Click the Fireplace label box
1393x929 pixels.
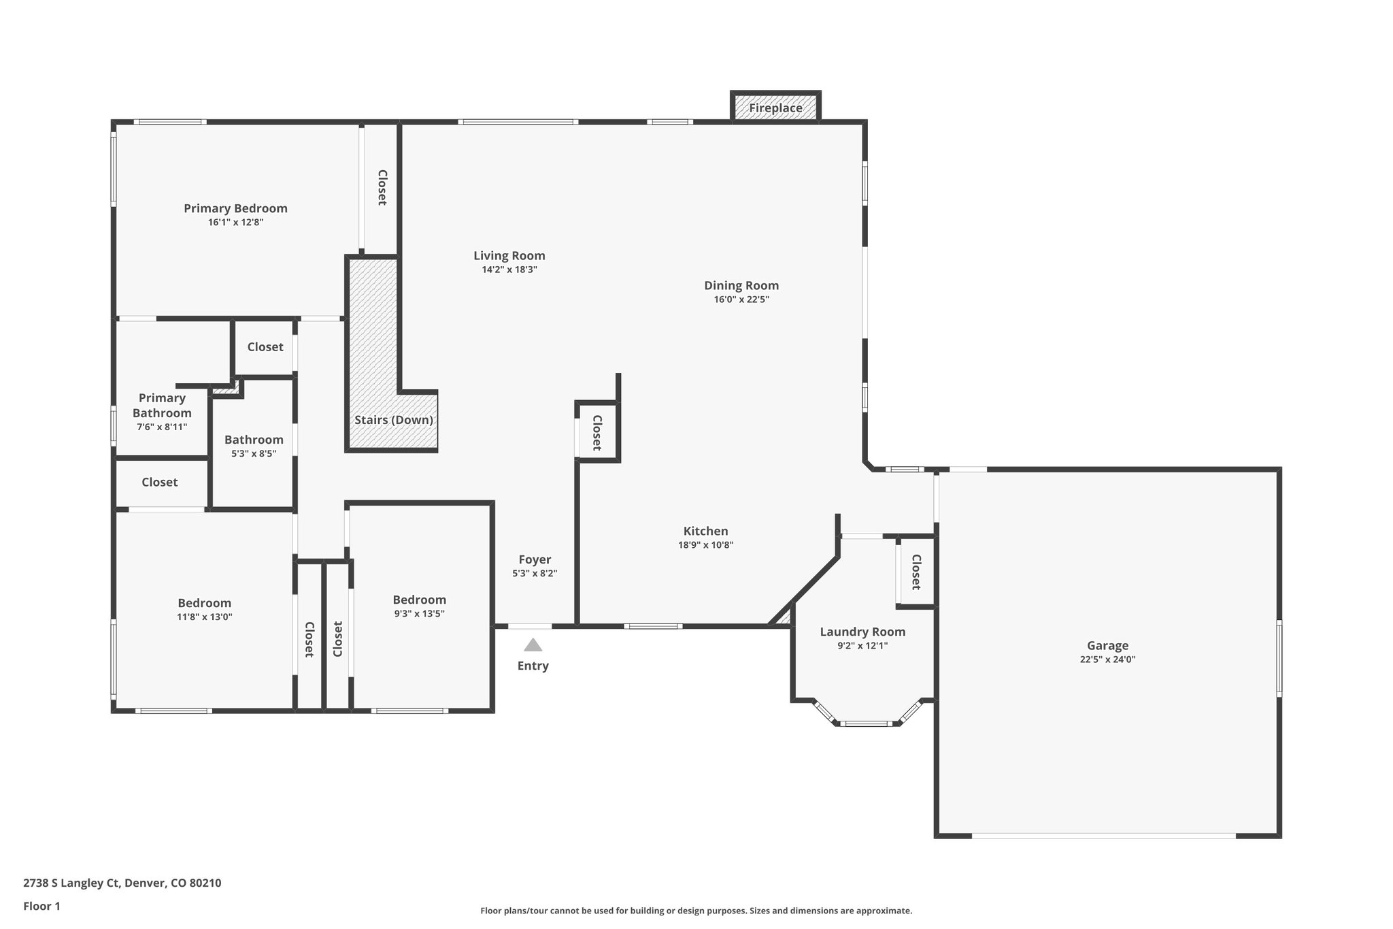coord(775,108)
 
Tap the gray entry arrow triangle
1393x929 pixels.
coord(533,645)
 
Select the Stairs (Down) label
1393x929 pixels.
coord(393,420)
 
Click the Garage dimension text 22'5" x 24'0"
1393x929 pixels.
coord(1107,659)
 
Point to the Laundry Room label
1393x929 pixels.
coord(862,632)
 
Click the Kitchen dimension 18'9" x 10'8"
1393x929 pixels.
coord(705,545)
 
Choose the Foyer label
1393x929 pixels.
coord(535,559)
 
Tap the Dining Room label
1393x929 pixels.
coord(741,285)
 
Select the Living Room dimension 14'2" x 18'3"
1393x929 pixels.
coord(509,270)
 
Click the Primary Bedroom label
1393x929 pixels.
coord(235,208)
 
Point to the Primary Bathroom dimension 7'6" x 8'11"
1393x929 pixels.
coord(162,427)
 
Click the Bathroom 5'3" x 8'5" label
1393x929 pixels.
coord(254,440)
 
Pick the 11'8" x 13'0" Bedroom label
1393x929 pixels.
coord(204,603)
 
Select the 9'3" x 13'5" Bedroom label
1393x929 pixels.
coord(419,600)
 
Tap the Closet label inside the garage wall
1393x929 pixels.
coord(916,572)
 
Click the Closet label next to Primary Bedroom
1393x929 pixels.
coord(382,187)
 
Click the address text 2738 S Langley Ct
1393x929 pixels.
coord(122,883)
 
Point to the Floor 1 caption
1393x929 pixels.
coord(41,907)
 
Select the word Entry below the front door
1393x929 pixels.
coord(533,666)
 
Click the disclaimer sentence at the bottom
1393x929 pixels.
coord(696,911)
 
